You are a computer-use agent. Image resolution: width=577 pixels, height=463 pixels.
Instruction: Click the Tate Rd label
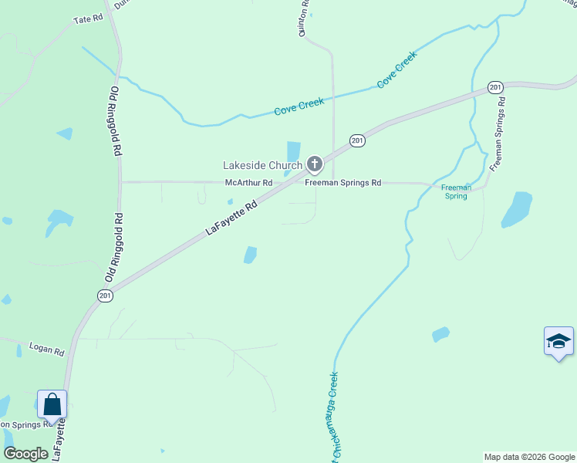87,19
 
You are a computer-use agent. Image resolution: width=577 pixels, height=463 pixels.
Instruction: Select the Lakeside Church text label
262,165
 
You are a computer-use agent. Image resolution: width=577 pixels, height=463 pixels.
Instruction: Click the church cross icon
314,164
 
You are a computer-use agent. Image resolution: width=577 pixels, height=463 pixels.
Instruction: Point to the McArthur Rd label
249,183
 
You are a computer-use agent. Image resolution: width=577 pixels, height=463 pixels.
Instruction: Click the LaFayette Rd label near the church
231,220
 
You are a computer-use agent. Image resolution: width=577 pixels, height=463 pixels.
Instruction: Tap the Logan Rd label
47,350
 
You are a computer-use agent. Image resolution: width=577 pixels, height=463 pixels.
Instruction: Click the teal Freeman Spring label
455,192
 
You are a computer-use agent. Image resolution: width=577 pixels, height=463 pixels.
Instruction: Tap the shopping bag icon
52,404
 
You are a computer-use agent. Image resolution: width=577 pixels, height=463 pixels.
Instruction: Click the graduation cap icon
558,342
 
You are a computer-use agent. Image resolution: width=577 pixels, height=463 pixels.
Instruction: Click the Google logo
25,454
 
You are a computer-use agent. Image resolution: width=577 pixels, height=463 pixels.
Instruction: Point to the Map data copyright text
529,457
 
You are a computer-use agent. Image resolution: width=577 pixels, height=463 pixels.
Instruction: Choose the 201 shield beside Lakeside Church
356,140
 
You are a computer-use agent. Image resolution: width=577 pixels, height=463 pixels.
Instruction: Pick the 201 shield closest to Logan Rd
106,295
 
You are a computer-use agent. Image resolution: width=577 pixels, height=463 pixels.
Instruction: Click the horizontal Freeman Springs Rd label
343,183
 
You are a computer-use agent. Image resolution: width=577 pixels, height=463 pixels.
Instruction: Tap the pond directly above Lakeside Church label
293,150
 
